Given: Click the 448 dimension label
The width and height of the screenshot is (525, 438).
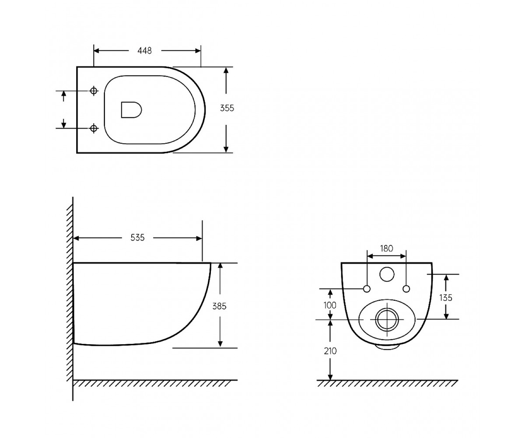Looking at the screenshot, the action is (144, 51).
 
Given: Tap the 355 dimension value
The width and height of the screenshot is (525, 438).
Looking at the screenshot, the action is (227, 108).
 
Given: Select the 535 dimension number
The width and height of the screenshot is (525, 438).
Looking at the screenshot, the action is (137, 237).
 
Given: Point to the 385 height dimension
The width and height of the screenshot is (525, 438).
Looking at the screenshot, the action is (220, 306).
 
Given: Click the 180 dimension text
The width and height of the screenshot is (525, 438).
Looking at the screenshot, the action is (386, 248).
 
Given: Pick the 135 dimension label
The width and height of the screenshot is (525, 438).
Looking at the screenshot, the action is (446, 298).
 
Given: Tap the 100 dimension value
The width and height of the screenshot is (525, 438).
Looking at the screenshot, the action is (330, 305).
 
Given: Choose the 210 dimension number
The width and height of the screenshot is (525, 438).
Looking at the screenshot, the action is (330, 351).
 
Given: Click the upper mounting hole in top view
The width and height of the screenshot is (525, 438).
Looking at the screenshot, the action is (94, 91).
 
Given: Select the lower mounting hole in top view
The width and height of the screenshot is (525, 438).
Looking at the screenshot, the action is (94, 128).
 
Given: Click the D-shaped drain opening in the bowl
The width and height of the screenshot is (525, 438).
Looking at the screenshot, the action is (131, 110).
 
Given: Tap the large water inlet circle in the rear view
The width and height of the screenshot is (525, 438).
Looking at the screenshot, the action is (387, 274).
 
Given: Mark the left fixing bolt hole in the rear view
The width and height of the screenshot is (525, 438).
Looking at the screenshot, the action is (367, 289).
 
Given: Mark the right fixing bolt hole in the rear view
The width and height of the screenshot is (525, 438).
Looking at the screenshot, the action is (406, 289).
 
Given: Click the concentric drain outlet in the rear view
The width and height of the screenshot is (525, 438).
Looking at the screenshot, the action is (387, 320).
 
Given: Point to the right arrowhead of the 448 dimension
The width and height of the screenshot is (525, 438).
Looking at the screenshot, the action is (198, 51).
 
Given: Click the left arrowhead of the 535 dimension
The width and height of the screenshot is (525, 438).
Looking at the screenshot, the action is (76, 238).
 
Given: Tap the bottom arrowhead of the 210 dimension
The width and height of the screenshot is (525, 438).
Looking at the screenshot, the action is (330, 383).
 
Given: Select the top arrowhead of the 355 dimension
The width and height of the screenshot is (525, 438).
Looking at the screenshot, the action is (226, 70).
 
